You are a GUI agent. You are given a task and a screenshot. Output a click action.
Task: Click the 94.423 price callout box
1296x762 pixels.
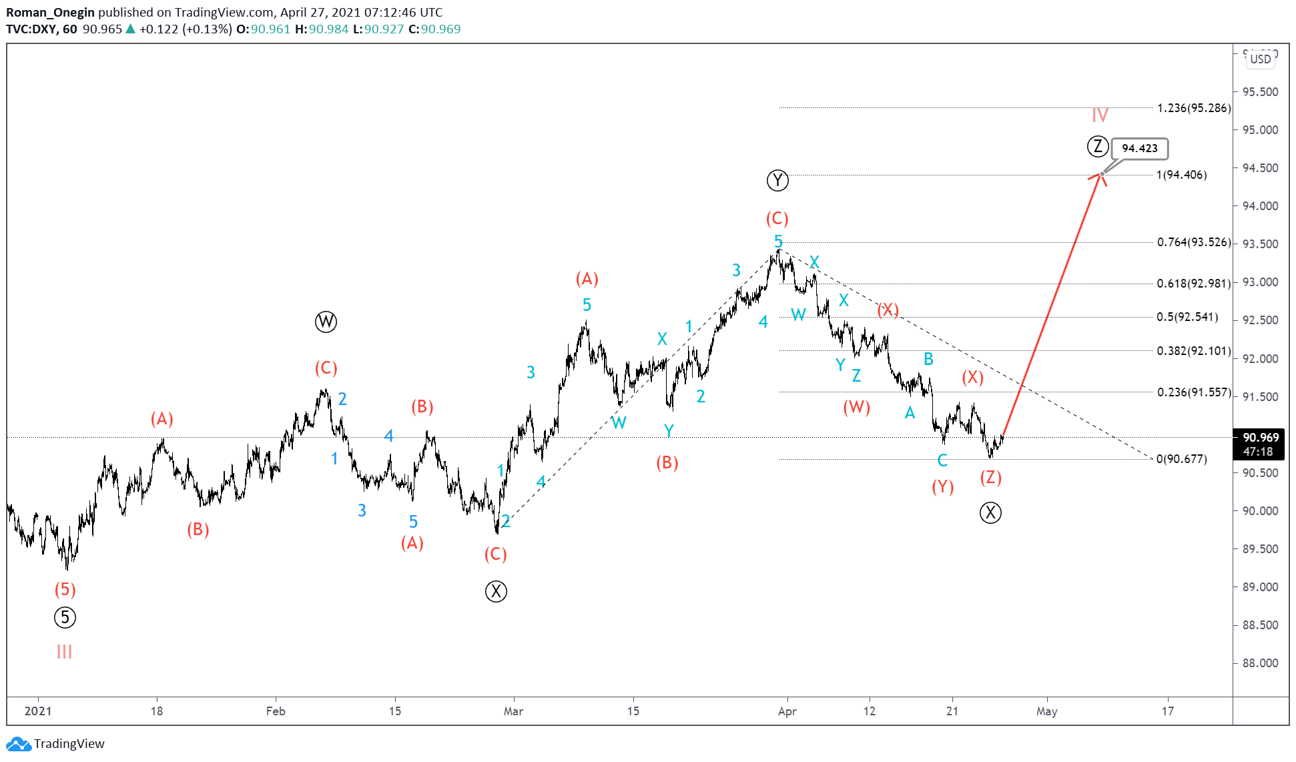(1140, 149)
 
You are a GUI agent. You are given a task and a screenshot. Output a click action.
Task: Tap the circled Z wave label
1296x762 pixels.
(1098, 146)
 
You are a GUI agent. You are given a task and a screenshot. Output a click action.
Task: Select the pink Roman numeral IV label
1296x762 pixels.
(1100, 115)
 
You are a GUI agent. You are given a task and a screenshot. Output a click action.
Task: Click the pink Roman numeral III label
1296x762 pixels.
(64, 652)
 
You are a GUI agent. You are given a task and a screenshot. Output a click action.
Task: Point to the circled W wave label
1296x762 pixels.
(326, 322)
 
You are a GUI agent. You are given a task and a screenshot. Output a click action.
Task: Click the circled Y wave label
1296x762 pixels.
(777, 181)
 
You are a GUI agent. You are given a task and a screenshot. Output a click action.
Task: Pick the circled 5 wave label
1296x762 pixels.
(65, 618)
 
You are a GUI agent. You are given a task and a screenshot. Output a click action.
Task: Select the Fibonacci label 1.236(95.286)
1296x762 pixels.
(1193, 108)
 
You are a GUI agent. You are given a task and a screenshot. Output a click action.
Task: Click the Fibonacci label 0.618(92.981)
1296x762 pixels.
(1193, 284)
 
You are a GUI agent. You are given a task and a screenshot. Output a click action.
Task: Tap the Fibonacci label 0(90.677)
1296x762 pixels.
(1181, 459)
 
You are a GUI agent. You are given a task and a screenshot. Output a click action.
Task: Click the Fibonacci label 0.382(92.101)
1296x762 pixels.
(1193, 351)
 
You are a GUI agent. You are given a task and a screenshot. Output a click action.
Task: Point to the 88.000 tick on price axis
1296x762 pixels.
(1260, 663)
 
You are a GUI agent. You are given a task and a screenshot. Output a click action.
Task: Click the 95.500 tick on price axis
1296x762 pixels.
(1260, 92)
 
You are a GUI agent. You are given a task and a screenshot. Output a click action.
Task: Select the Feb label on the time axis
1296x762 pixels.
(276, 711)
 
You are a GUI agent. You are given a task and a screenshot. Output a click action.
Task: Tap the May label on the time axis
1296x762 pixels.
(1046, 711)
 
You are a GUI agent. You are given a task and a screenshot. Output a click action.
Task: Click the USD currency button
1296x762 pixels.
(1260, 59)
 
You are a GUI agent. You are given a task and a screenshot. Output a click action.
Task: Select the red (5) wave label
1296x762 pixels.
(65, 590)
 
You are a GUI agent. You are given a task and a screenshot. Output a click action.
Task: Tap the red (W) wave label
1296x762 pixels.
(856, 408)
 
